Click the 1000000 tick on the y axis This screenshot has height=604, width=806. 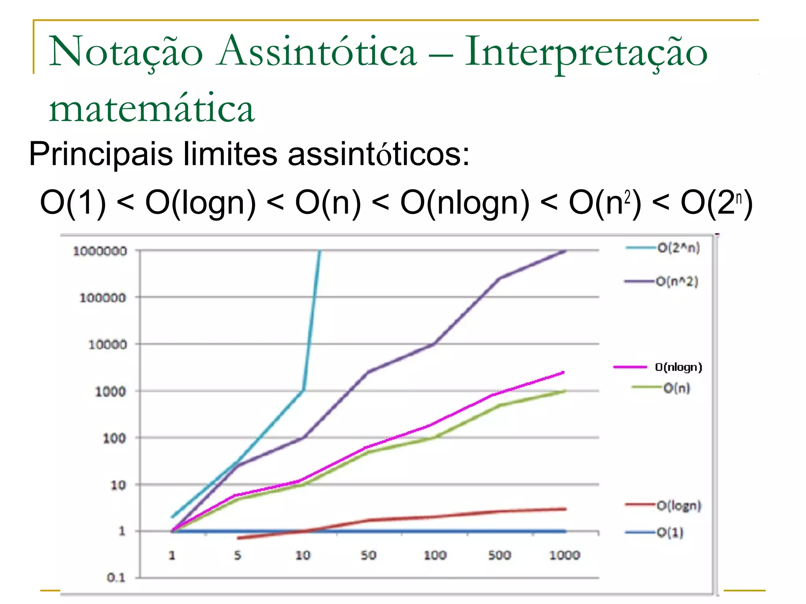coord(100,251)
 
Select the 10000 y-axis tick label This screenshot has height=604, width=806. coord(107,344)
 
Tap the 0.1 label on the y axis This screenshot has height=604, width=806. coord(116,577)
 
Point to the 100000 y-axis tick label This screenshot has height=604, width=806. coord(103,298)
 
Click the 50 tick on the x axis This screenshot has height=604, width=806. coord(368,555)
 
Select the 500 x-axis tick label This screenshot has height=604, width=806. coord(499,555)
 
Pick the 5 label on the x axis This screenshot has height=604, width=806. coord(237,555)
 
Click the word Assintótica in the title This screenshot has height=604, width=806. coord(318,51)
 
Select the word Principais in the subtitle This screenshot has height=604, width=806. coord(101,154)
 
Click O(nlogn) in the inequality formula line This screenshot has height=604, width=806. coord(465,203)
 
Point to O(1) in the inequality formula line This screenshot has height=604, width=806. coord(73,203)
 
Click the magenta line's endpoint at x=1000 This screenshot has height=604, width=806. coord(564,372)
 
